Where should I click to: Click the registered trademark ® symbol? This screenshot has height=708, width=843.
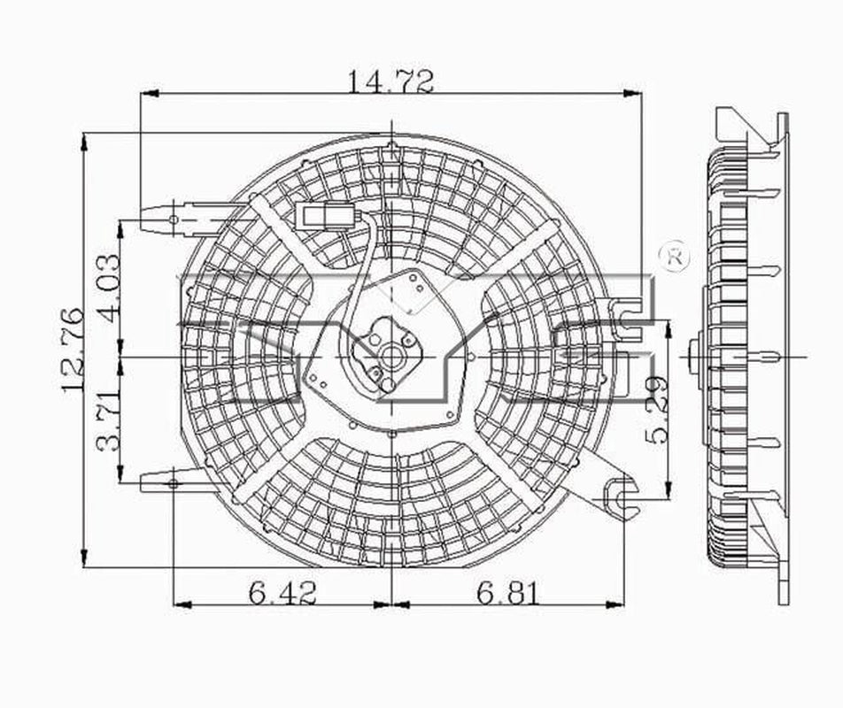pos(676,256)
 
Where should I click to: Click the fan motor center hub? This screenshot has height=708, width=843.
pos(390,358)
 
